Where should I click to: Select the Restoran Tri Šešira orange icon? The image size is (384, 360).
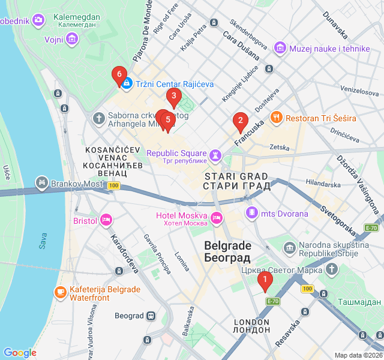[x=277, y=118]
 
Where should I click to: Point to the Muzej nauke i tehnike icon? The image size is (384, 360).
[x=280, y=48]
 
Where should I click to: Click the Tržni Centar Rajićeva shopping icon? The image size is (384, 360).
[x=127, y=85]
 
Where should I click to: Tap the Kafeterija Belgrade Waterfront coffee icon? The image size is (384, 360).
[x=60, y=292]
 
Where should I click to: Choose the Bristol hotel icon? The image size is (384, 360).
[x=106, y=221]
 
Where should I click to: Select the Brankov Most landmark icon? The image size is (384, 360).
[x=41, y=181]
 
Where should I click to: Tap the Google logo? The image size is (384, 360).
[x=20, y=353]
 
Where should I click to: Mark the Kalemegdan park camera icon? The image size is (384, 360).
[x=39, y=21]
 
